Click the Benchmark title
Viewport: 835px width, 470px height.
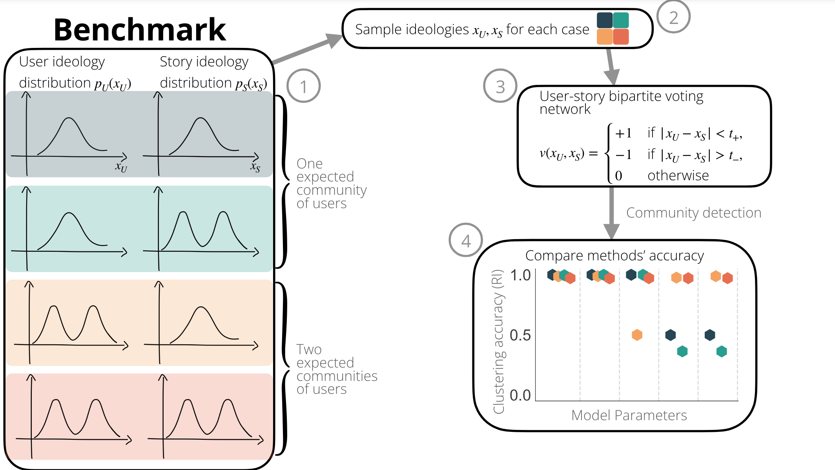[x=140, y=30]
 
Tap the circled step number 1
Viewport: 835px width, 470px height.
[x=303, y=86]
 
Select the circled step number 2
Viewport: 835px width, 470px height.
[x=673, y=18]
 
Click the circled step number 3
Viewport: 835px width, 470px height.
[x=500, y=86]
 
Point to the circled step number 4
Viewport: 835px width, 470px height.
[x=466, y=240]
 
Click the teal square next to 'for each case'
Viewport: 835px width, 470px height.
[x=621, y=20]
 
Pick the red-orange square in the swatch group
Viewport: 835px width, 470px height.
[x=621, y=37]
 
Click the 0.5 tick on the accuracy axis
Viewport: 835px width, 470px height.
[x=520, y=335]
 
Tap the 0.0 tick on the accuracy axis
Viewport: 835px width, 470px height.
[x=520, y=395]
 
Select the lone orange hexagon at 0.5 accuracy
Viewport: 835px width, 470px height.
[x=637, y=335]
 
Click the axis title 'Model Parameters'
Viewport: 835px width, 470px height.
[x=629, y=415]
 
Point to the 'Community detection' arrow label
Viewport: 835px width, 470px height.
[x=693, y=212]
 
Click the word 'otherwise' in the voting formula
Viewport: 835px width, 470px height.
[x=678, y=176]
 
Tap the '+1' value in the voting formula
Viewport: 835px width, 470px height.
[x=623, y=134]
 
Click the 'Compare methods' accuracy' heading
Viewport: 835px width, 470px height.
[x=614, y=256]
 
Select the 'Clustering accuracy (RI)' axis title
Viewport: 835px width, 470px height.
[x=498, y=341]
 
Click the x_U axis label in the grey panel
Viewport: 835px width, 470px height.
[x=121, y=167]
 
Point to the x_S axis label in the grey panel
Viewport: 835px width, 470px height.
[x=255, y=167]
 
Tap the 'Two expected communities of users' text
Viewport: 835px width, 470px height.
[x=336, y=369]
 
